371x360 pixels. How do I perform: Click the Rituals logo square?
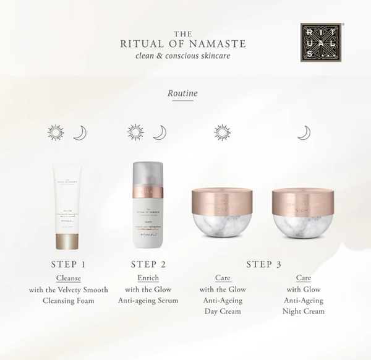tap(320, 42)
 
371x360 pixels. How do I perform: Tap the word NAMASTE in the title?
tap(216, 44)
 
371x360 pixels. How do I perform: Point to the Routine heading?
tap(182, 93)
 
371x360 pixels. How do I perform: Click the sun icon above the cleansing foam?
tap(56, 132)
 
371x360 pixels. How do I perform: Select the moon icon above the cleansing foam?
tap(80, 132)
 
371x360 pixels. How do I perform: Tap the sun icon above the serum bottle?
tap(135, 132)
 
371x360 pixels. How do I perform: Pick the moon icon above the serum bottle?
tap(160, 132)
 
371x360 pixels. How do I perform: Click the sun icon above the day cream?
tap(222, 132)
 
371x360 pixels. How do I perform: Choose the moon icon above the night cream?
tap(304, 132)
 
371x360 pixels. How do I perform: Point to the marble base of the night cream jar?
tap(303, 226)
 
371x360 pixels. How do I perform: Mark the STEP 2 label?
tap(147, 264)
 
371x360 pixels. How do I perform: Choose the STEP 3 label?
tap(264, 264)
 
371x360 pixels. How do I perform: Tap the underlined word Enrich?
tap(147, 278)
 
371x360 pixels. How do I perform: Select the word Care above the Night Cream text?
tap(304, 278)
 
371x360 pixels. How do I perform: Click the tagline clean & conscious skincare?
tap(184, 57)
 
